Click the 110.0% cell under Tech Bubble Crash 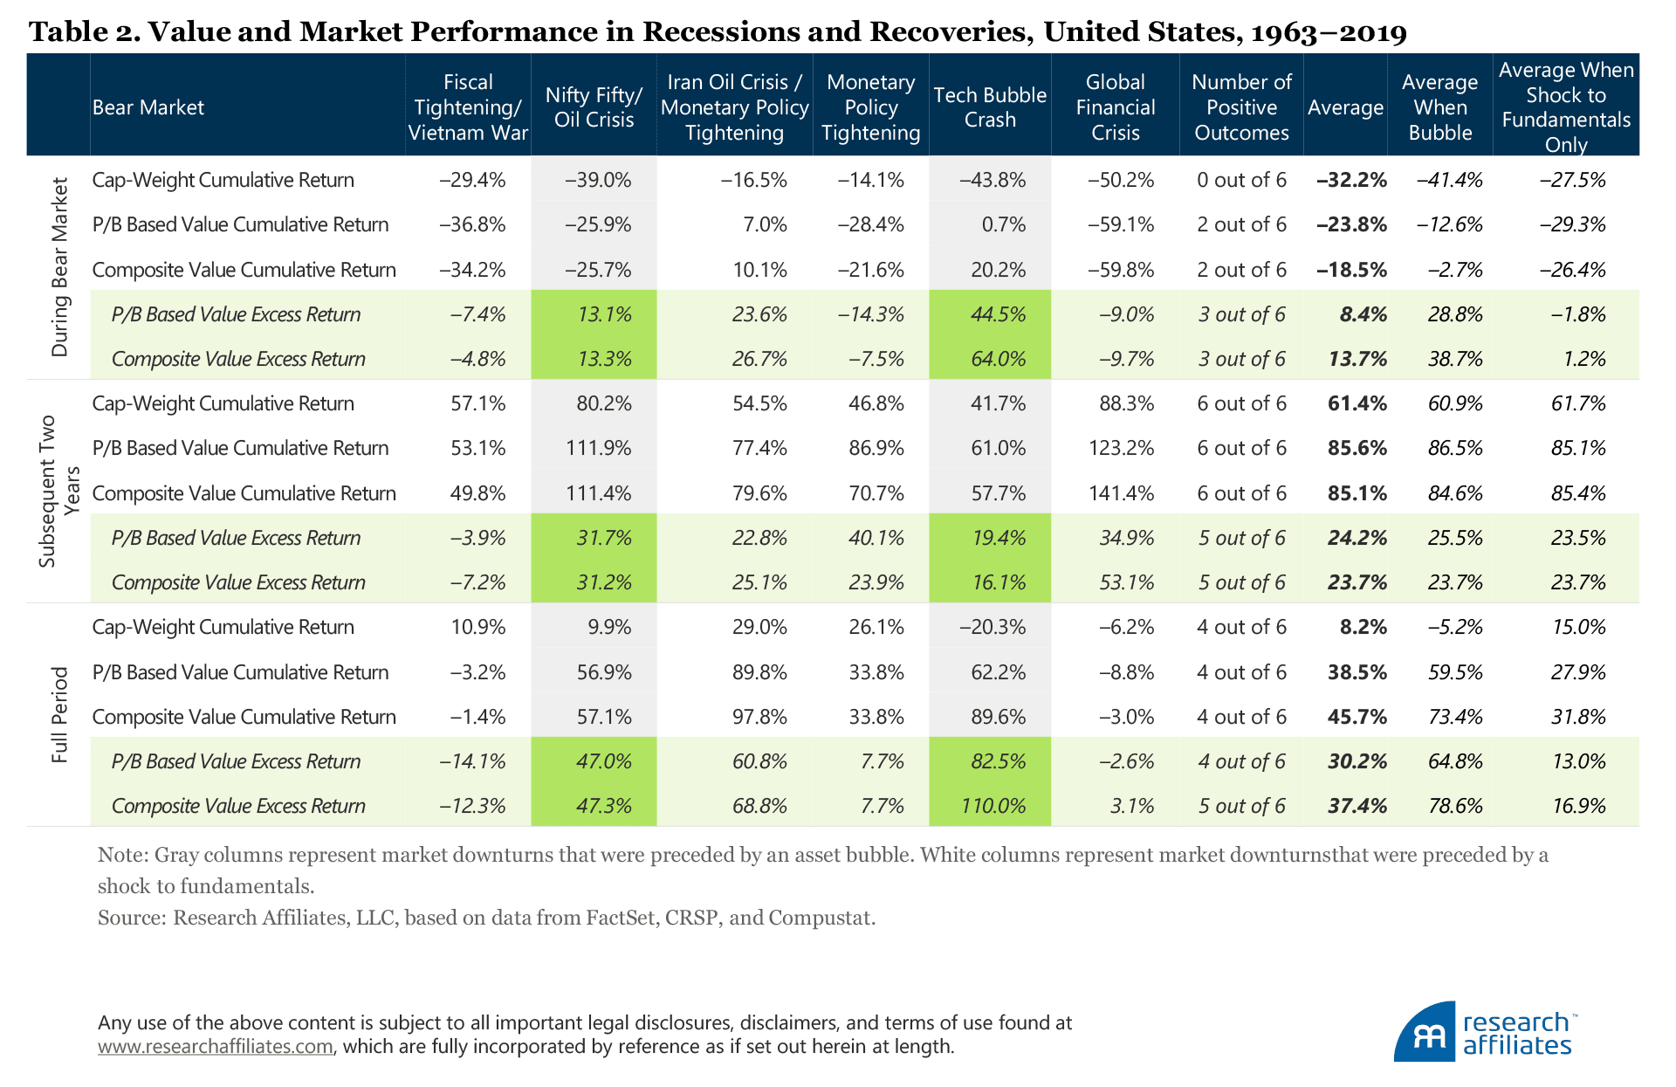[x=993, y=806]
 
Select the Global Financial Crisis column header [x=1115, y=107]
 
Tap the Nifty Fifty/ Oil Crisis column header [x=594, y=107]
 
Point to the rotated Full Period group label [x=59, y=715]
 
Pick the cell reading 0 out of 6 [x=1241, y=180]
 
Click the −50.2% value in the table [x=1120, y=180]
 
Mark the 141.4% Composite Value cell [x=1121, y=493]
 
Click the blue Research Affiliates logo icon [x=1425, y=1033]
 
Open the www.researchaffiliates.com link [x=215, y=1046]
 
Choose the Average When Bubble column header [x=1439, y=107]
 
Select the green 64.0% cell [x=998, y=359]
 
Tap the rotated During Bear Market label [x=59, y=267]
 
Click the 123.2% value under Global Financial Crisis [x=1121, y=448]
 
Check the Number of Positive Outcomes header [x=1241, y=107]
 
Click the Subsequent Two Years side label [x=58, y=491]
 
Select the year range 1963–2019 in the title [x=1329, y=32]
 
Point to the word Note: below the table [x=123, y=855]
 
